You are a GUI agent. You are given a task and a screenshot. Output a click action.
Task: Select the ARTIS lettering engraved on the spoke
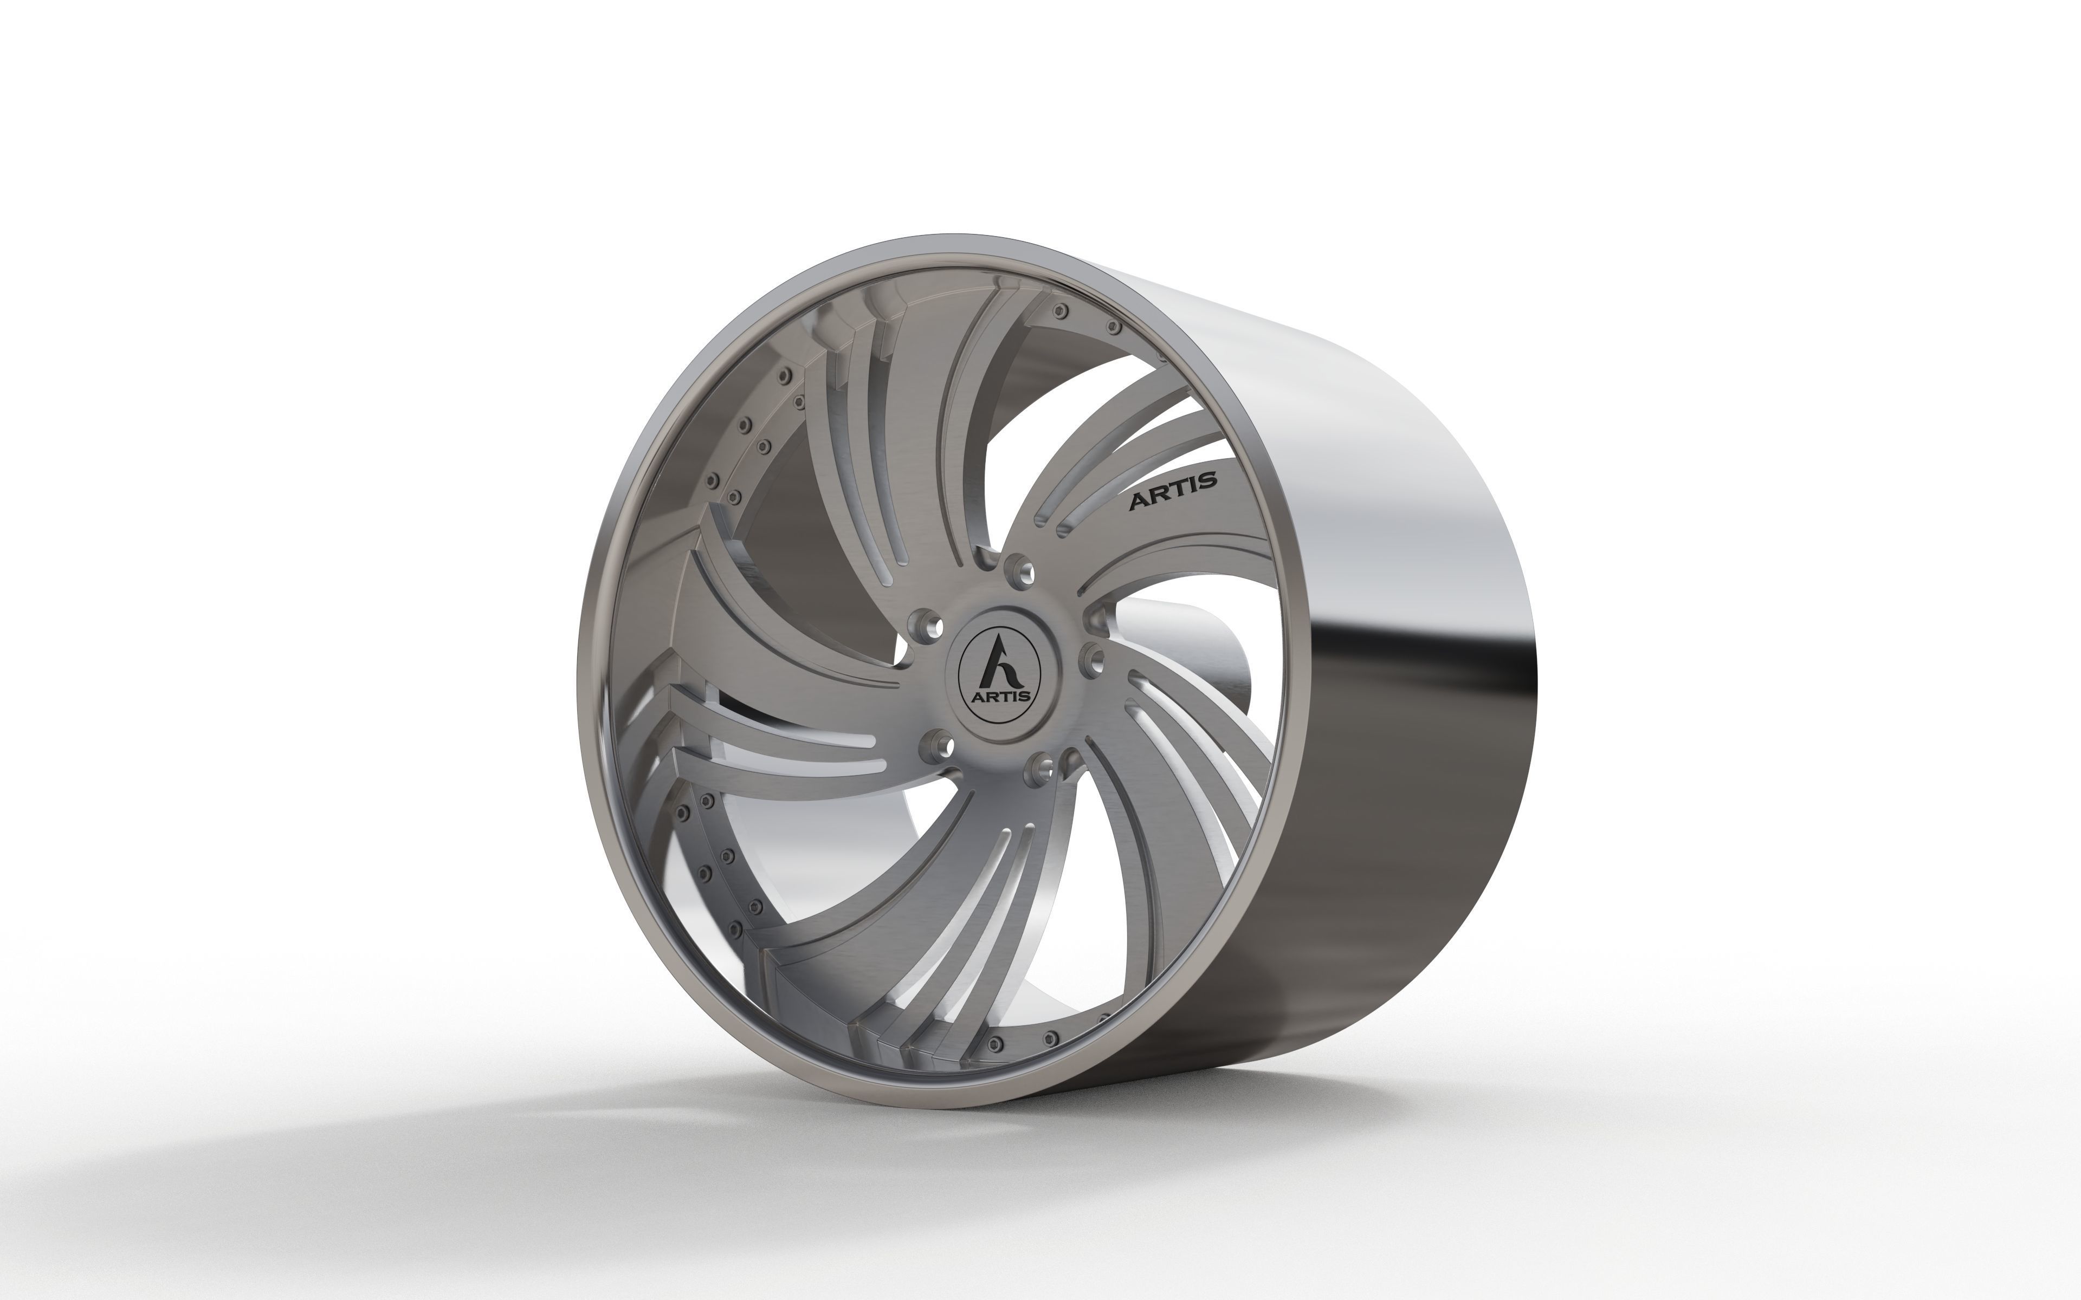[1173, 490]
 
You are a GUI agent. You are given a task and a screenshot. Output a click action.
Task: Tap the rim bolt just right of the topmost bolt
[1114, 327]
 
